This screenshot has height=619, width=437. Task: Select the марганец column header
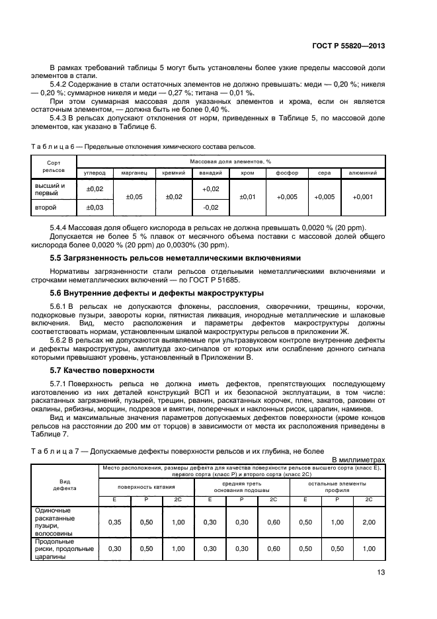(x=134, y=173)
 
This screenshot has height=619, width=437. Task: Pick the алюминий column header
(x=363, y=173)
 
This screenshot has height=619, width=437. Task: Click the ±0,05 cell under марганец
(x=134, y=197)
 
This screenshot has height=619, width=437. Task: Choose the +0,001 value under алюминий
(x=363, y=197)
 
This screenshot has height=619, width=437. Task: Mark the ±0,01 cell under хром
(x=247, y=197)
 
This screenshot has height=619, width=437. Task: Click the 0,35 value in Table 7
(x=114, y=522)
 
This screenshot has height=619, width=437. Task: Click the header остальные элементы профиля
(x=337, y=487)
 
